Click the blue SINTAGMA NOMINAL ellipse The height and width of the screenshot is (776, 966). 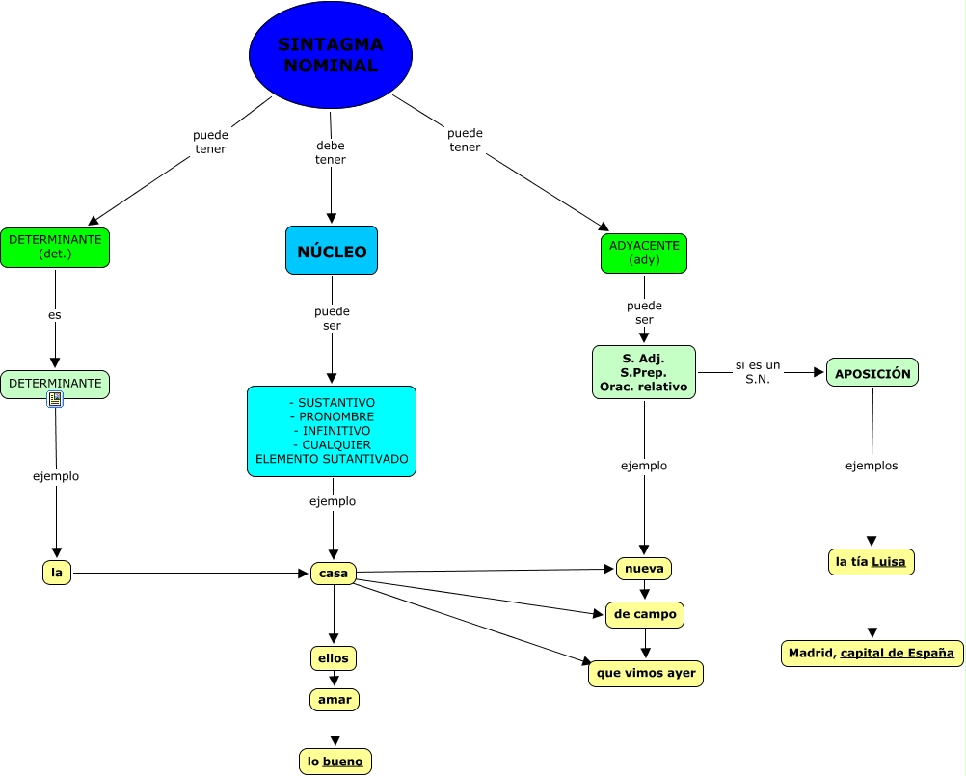(330, 55)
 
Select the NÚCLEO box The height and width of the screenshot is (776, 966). (332, 251)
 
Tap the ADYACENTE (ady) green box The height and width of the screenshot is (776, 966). (644, 253)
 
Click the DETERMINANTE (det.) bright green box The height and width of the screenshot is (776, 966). (55, 248)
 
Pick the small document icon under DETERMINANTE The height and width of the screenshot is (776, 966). (55, 399)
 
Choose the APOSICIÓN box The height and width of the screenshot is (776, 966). (872, 373)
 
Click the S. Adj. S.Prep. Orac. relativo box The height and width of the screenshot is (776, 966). (643, 372)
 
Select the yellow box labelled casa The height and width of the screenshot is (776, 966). (334, 574)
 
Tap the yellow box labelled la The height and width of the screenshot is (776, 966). (57, 573)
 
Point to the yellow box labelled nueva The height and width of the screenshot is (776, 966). (644, 568)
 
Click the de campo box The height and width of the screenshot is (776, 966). (645, 614)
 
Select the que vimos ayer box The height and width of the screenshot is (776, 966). (646, 673)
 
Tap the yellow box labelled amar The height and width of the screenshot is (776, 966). (335, 700)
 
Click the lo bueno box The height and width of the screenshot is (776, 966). (335, 761)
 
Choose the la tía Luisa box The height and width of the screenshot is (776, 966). (871, 562)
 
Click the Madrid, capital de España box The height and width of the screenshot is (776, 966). (872, 653)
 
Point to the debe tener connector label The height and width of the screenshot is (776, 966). (331, 152)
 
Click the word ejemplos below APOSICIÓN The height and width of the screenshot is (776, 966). (872, 466)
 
